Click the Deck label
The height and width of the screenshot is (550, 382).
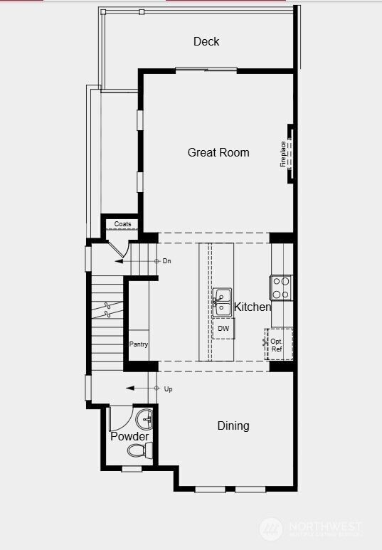[206, 42]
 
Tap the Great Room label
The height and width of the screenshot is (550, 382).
[218, 152]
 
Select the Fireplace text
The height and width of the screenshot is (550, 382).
[283, 154]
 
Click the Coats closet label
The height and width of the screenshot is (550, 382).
[122, 224]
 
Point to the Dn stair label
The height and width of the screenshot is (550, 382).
[167, 261]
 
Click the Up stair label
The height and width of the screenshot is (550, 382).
[168, 389]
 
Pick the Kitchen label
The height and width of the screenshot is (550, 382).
[253, 307]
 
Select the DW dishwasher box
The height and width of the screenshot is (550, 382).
[223, 328]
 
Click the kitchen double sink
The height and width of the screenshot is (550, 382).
[223, 302]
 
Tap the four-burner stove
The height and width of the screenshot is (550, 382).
[282, 287]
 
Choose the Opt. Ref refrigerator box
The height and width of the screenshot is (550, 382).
[277, 345]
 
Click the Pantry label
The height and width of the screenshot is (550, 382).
[139, 344]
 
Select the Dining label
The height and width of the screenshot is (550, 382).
[233, 426]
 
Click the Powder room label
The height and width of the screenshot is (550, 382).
[129, 436]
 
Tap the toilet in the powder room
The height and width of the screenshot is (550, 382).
[139, 450]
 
